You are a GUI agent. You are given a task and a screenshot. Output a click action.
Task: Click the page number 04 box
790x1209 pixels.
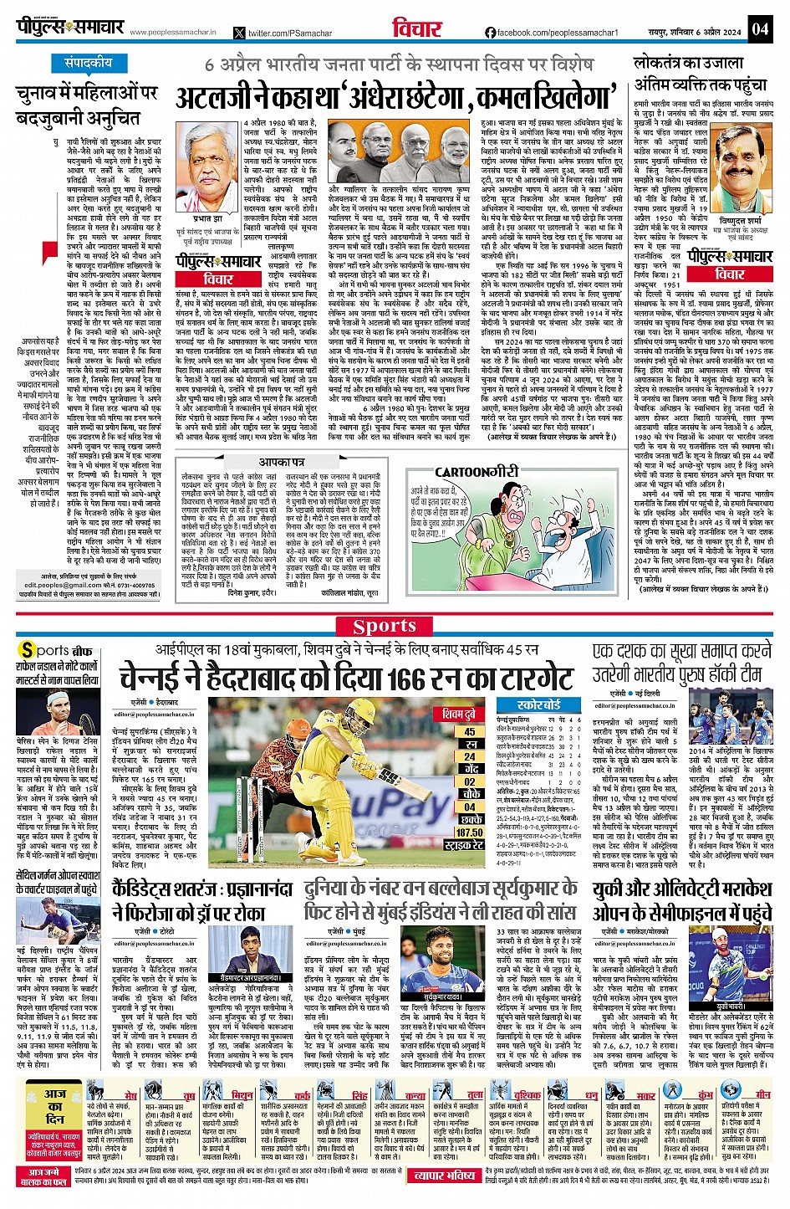coord(759,28)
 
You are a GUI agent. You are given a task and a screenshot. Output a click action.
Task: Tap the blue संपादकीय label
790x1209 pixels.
coord(88,64)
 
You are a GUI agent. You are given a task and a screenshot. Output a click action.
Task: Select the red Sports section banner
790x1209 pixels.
coord(385,626)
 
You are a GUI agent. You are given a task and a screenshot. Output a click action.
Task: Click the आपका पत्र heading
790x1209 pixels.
coord(282,462)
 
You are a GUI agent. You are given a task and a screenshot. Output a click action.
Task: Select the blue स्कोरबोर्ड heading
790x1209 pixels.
coord(538,705)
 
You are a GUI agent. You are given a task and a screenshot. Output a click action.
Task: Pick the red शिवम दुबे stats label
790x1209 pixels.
coord(459,715)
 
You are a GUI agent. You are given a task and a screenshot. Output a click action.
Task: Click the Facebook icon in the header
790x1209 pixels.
coord(491,33)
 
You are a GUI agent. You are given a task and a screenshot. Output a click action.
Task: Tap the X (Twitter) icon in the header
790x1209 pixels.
coord(241,33)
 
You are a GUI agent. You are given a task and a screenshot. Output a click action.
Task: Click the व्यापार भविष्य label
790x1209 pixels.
coord(445,1176)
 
